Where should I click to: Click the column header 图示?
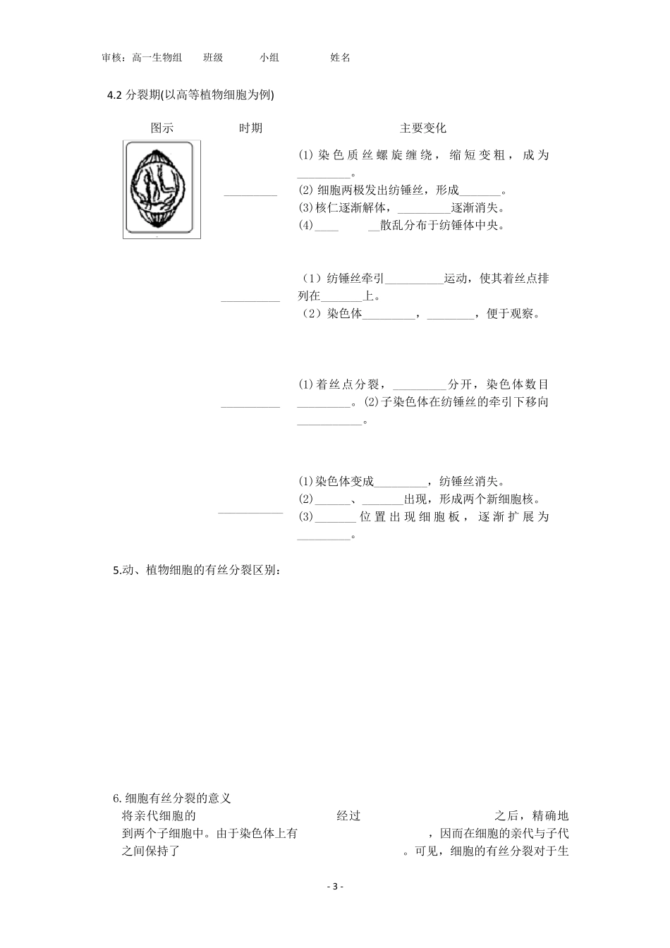pyautogui.click(x=162, y=128)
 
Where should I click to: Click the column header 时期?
pyautogui.click(x=250, y=128)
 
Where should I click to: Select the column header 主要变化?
pyautogui.click(x=422, y=128)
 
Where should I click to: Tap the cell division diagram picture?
pyautogui.click(x=162, y=189)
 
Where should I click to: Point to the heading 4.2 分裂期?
pyautogui.click(x=190, y=95)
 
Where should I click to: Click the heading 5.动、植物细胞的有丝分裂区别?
pyautogui.click(x=197, y=571)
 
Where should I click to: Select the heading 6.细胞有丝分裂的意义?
pyautogui.click(x=172, y=798)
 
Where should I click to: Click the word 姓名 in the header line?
pyautogui.click(x=340, y=58)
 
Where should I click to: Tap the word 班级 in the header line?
pyautogui.click(x=213, y=58)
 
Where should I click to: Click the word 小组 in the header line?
pyautogui.click(x=269, y=58)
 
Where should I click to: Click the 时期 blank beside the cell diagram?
pyautogui.click(x=250, y=193)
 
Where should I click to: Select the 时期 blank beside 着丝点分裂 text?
pyautogui.click(x=250, y=404)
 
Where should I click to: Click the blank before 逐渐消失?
pyautogui.click(x=423, y=208)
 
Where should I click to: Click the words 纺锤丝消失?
pyautogui.click(x=470, y=482)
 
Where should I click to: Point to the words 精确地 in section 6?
pyautogui.click(x=551, y=816)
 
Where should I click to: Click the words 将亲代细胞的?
pyautogui.click(x=159, y=816)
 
